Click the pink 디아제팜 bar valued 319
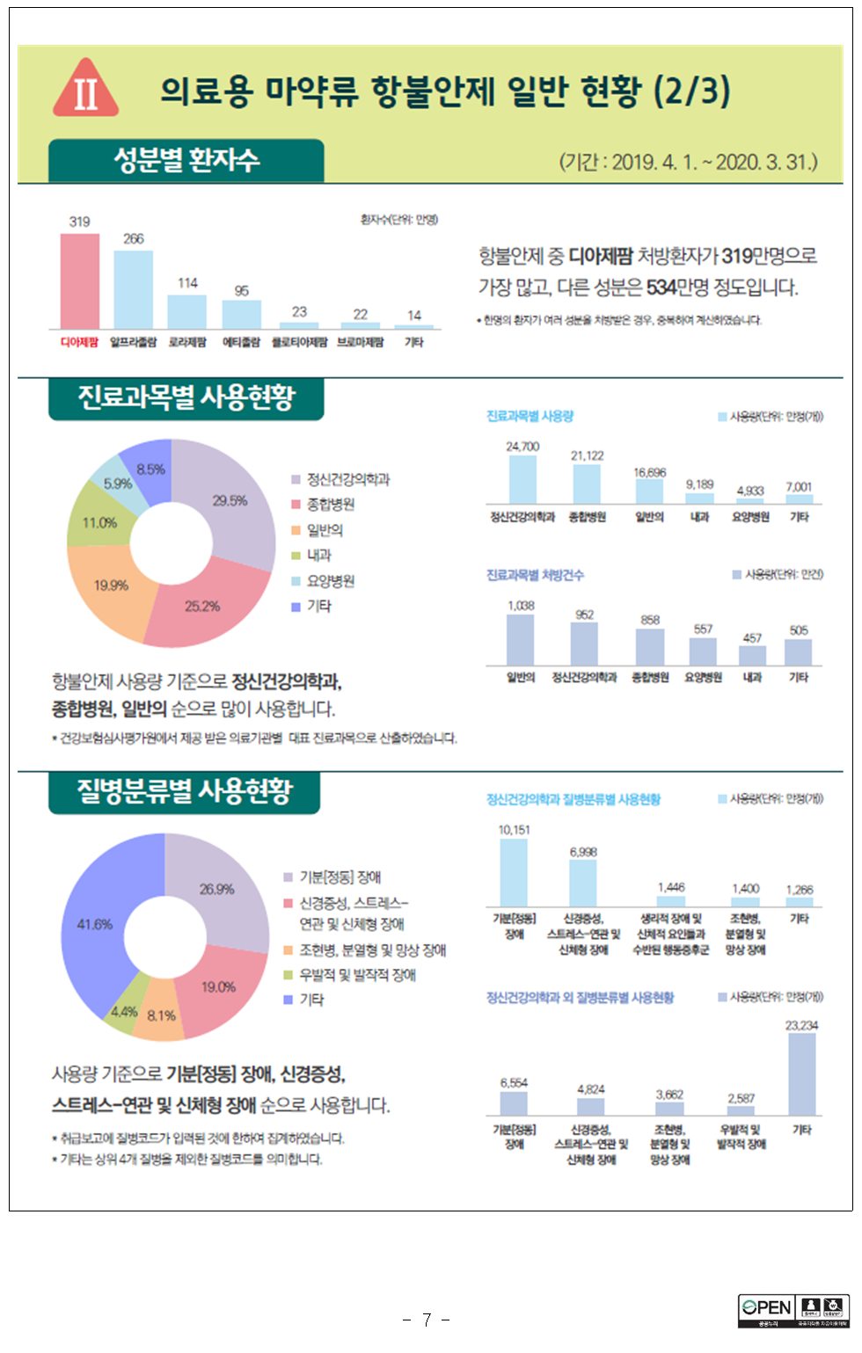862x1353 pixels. tap(79, 281)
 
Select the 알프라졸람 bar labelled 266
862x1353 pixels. tap(133, 290)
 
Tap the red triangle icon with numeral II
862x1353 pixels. tap(85, 90)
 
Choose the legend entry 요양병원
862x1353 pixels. tap(330, 581)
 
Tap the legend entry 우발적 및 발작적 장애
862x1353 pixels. tap(357, 975)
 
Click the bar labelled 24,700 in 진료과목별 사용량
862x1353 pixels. tap(522, 480)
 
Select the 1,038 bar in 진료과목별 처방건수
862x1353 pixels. tap(521, 639)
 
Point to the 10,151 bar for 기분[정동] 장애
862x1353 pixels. tap(514, 872)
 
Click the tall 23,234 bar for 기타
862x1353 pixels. tap(801, 1074)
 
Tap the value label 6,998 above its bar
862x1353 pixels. tap(583, 852)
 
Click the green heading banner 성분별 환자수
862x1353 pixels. tap(186, 161)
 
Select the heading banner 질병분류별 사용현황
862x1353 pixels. tap(185, 791)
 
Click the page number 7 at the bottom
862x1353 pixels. tap(427, 1320)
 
